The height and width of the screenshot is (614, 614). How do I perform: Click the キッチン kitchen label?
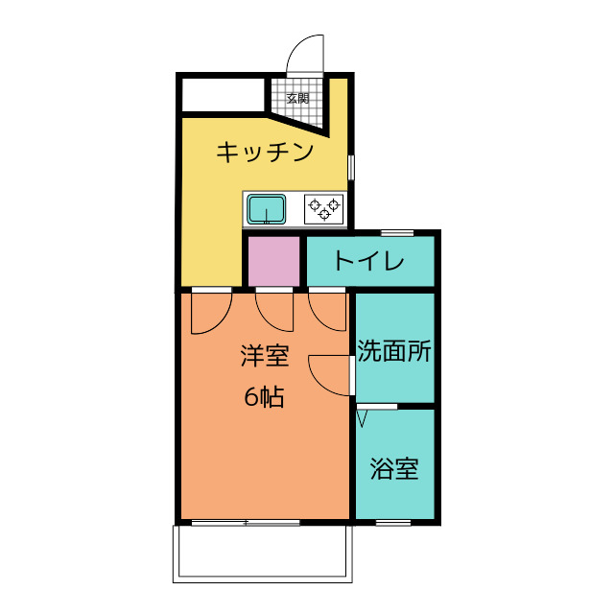point(264,152)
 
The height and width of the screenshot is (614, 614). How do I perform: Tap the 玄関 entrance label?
point(297,98)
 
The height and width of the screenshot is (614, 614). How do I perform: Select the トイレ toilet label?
point(368,261)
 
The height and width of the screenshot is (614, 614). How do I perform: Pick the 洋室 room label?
point(264,357)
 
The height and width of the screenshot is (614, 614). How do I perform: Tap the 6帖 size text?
point(264,397)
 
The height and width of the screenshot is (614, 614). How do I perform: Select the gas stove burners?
point(324,208)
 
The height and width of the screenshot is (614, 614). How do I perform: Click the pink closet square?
point(274,261)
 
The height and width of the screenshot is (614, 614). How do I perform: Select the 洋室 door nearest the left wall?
point(211,311)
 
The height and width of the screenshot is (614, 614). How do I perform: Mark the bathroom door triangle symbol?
point(363,417)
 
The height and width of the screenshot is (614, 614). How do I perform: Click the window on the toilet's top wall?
point(397,232)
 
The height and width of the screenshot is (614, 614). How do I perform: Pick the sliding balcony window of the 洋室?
point(246,523)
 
